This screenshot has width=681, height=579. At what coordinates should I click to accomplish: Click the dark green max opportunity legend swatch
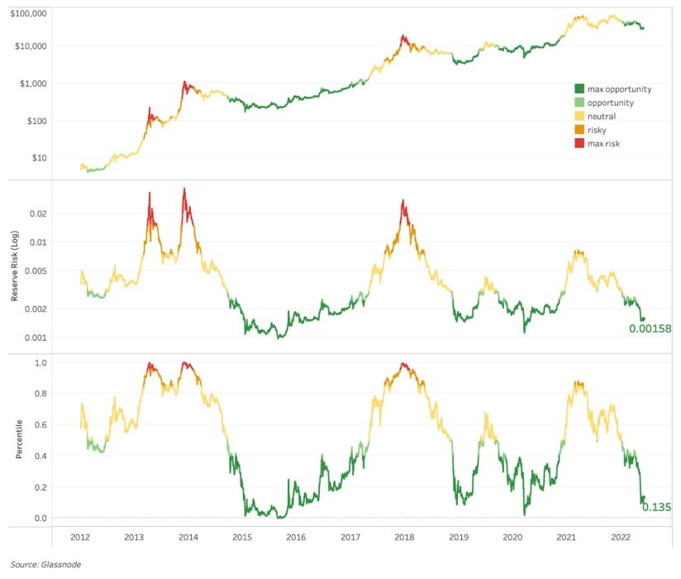(579, 89)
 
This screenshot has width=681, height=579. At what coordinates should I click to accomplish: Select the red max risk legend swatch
(579, 143)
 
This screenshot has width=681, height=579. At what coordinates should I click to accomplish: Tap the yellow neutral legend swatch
(579, 116)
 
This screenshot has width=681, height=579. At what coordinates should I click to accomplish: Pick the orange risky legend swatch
(579, 130)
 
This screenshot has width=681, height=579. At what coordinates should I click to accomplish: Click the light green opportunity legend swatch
(579, 103)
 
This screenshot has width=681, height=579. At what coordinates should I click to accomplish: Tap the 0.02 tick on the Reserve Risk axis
(38, 213)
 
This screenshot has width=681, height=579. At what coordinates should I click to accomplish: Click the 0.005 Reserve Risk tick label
(36, 270)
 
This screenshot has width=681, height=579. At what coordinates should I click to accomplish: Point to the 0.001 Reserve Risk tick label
(36, 337)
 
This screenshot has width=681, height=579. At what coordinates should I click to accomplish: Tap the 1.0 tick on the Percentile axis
(40, 363)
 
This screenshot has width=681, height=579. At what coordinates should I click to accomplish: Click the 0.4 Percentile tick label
(40, 456)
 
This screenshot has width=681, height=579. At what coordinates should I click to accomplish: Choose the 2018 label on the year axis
(404, 537)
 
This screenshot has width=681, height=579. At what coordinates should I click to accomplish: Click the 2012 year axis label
(80, 537)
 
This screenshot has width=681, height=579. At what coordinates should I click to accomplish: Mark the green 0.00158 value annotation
(650, 328)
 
